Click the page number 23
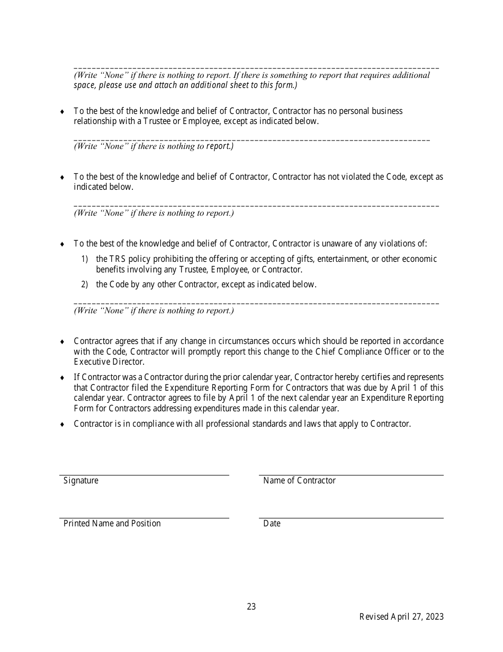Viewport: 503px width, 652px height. pos(251,606)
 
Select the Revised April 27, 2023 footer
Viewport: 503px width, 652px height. pos(401,616)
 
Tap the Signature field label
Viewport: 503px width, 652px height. pos(81,480)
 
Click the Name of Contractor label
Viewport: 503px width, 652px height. pos(299,480)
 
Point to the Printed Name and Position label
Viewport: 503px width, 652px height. pos(112,523)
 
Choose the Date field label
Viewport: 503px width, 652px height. pos(272,523)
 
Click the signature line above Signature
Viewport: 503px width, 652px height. pos(144,475)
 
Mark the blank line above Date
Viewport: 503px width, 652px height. pos(351,518)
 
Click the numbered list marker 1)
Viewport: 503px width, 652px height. pos(85,259)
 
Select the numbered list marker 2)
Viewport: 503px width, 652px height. pos(85,285)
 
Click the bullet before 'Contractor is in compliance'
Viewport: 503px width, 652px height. pos(62,424)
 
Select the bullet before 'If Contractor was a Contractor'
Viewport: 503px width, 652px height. pos(62,377)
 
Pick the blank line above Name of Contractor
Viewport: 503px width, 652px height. pos(351,475)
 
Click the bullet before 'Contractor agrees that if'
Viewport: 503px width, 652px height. pos(62,341)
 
